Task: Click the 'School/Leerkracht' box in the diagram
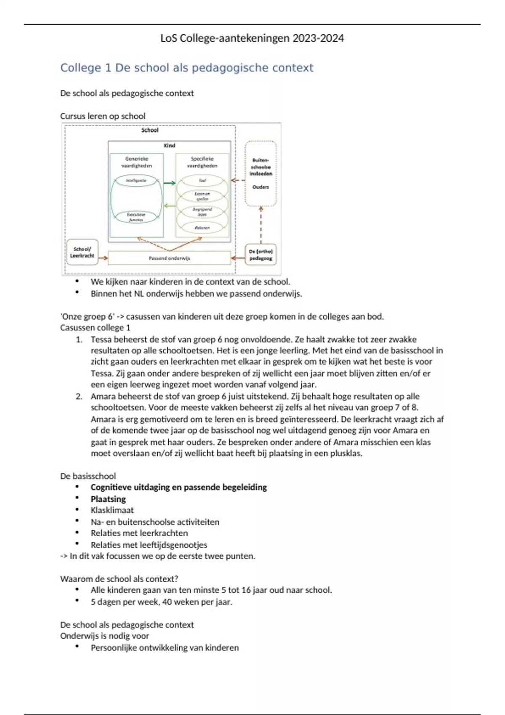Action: coord(82,252)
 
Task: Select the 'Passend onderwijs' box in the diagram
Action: coord(169,258)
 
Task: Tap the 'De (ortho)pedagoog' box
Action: coord(261,255)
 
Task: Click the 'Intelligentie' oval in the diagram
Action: coord(136,181)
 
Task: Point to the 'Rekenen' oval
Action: coord(202,228)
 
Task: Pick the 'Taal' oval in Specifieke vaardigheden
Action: coord(202,181)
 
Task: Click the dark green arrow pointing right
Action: coord(169,183)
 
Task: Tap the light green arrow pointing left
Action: coord(169,206)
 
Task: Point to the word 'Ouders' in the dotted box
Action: coord(261,187)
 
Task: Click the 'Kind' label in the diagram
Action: coord(169,146)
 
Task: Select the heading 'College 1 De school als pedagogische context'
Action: coord(187,68)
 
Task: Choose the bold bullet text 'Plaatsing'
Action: coord(108,499)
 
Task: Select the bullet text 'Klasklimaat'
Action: coord(112,510)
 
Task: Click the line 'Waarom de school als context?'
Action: coord(119,579)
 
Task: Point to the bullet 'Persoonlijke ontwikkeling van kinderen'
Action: coord(165,648)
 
